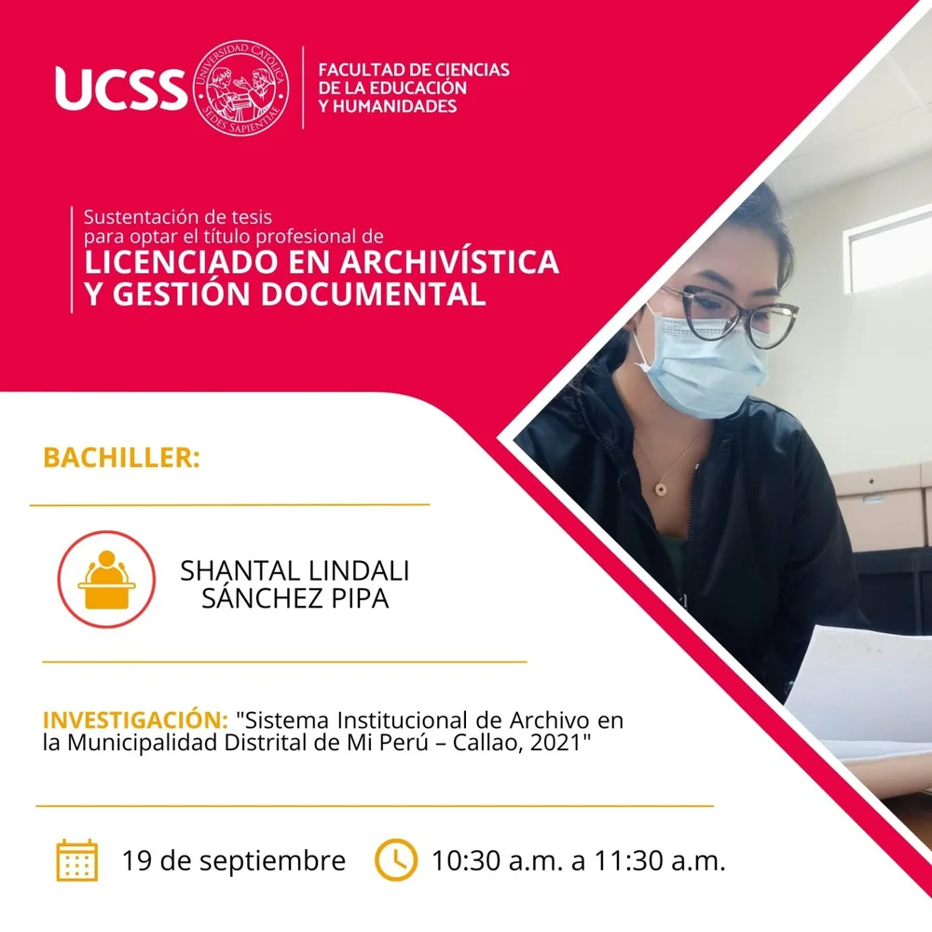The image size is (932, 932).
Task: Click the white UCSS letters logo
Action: tap(120, 89)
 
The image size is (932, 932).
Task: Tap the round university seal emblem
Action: tap(241, 88)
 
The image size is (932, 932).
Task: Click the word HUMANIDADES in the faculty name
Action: tap(394, 106)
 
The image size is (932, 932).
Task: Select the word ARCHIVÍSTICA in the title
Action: tap(449, 262)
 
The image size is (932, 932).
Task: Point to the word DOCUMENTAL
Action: tap(374, 295)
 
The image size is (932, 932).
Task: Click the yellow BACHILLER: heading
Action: tap(121, 459)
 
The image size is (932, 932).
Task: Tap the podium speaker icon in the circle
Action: tap(106, 580)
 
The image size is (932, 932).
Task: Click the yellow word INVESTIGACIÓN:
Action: tap(135, 720)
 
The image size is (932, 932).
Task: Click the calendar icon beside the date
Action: tap(77, 860)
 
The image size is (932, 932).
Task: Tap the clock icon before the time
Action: tap(396, 860)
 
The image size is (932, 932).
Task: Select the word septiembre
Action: tap(272, 862)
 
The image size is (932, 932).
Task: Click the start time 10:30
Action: tap(466, 860)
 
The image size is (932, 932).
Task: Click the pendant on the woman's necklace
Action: tap(660, 489)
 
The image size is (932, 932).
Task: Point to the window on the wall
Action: tap(888, 252)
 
